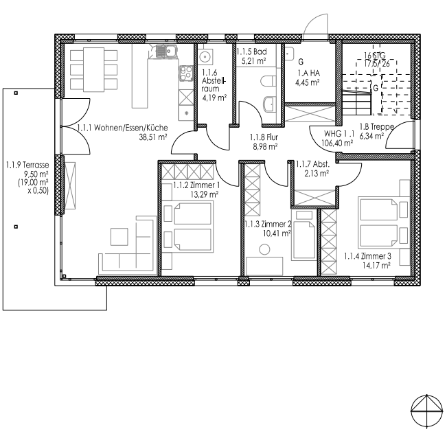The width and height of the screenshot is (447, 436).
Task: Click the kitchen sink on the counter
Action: tap(164, 50)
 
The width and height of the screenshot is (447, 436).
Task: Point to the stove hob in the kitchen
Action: tap(186, 71)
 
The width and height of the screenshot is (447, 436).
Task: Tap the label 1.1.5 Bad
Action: tap(252, 51)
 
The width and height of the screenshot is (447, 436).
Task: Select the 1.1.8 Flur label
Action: tap(263, 137)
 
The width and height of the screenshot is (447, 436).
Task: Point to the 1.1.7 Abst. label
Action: tap(312, 163)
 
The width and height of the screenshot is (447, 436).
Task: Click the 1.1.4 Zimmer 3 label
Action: tap(368, 256)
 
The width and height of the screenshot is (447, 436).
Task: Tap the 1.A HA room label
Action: tap(308, 75)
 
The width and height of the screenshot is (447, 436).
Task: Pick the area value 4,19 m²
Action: tap(209, 97)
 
